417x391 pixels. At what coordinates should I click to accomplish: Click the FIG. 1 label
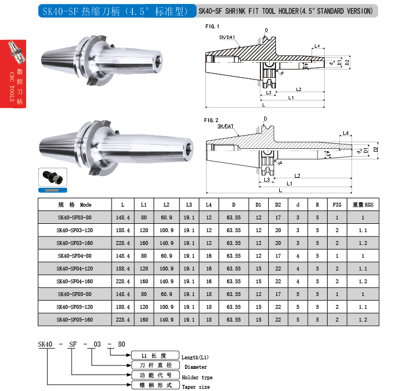212,26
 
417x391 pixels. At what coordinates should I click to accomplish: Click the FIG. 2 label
211,120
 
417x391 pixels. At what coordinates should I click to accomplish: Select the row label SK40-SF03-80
75,218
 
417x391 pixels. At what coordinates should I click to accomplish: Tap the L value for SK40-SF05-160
123,320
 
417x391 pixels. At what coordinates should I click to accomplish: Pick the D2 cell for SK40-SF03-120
278,230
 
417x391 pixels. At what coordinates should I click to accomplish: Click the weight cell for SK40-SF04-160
363,282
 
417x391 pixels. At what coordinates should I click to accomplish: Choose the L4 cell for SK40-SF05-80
209,294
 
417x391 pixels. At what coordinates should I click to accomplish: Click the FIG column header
337,205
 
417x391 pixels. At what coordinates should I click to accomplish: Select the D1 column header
259,205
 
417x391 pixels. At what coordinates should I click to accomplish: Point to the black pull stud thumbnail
53,177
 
